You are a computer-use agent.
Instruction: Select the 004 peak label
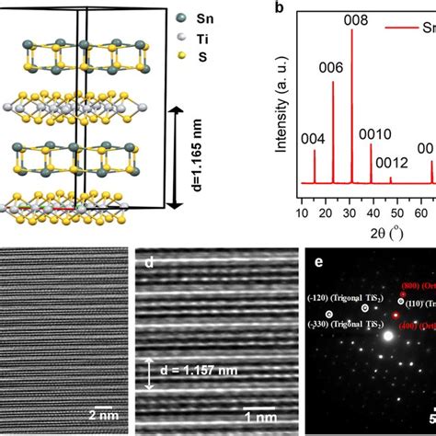click(x=313, y=139)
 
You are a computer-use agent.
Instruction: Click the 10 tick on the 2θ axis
click(x=302, y=214)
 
